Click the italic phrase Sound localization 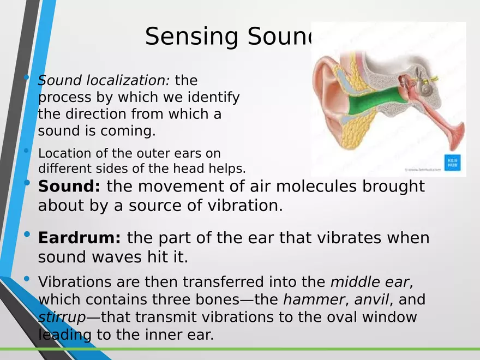click(x=104, y=81)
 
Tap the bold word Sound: click(x=69, y=187)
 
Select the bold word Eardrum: click(x=80, y=238)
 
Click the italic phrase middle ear click(x=370, y=282)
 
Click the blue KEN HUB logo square click(x=452, y=163)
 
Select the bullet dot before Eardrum click(x=27, y=235)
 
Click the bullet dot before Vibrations click(x=27, y=279)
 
